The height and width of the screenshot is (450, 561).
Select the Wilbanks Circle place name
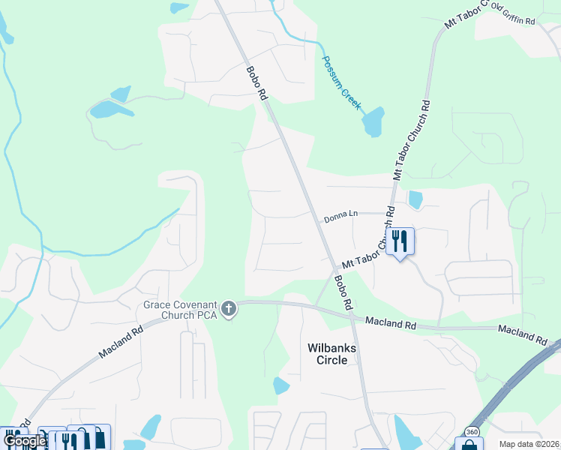click(x=328, y=354)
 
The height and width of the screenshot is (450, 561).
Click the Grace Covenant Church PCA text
click(x=181, y=309)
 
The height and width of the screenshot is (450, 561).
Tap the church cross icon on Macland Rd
click(x=229, y=308)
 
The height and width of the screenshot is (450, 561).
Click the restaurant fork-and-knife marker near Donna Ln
click(x=400, y=241)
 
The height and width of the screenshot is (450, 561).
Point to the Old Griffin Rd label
click(x=514, y=14)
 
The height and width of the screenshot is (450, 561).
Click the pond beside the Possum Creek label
click(x=373, y=121)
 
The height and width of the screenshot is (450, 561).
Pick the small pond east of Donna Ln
click(x=415, y=199)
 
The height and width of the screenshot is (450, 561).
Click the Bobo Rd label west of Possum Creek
click(x=256, y=83)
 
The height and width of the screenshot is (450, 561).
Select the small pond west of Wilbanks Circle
click(x=281, y=385)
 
